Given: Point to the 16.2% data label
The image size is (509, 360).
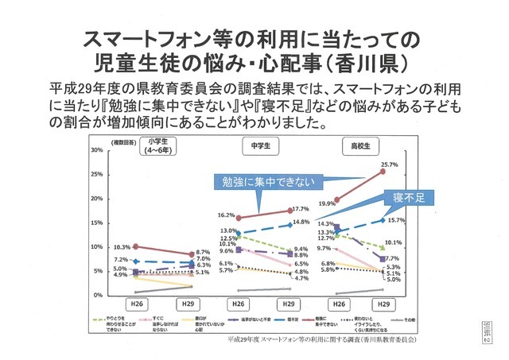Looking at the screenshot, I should click(225, 215).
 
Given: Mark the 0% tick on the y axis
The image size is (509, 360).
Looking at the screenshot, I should click(98, 295).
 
